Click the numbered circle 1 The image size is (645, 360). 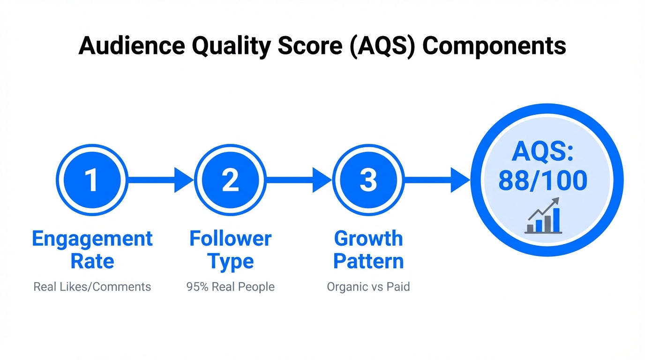tap(92, 180)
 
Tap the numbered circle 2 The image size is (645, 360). tap(230, 180)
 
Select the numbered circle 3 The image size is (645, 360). tap(368, 180)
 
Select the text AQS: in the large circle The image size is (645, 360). tap(543, 152)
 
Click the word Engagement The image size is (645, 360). tap(92, 239)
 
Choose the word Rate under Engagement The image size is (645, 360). tap(92, 261)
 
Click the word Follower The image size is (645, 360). tap(230, 239)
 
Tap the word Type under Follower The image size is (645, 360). tap(230, 261)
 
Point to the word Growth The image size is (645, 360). tap(368, 239)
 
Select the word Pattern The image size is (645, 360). tap(368, 261)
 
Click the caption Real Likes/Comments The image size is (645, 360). tap(92, 287)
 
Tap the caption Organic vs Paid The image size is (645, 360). tap(368, 287)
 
